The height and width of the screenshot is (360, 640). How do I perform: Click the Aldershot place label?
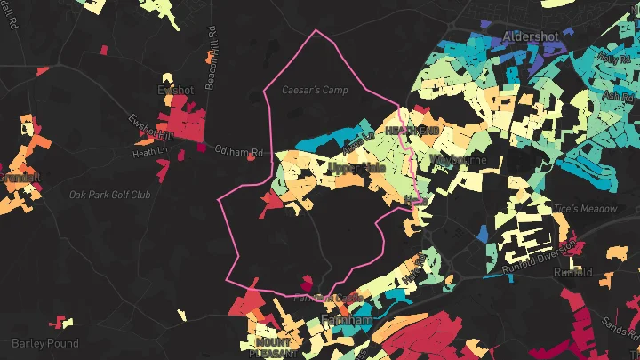531,36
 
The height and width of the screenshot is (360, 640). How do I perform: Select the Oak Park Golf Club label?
110,194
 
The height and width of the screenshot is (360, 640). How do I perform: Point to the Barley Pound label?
45,343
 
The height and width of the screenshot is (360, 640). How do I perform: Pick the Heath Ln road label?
149,152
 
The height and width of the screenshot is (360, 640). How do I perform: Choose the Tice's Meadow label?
584,209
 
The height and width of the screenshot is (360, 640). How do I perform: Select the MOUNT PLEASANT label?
273,347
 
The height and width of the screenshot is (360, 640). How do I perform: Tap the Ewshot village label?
174,90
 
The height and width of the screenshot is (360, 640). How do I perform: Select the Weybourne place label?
458,160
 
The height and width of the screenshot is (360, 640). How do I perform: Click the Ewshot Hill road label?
145,129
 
